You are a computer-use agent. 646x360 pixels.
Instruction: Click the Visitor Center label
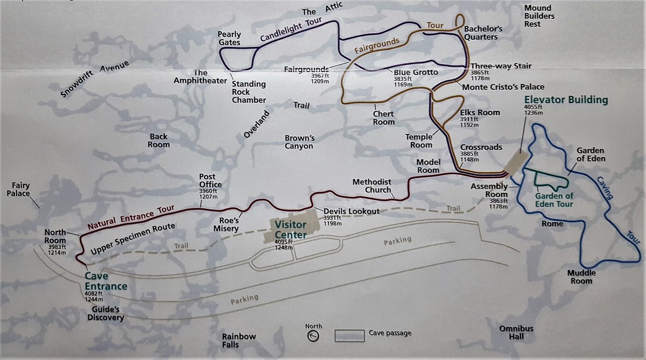(x=291, y=229)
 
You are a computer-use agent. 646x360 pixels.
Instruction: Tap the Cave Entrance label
(x=106, y=281)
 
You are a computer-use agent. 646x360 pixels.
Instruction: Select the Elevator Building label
(x=566, y=100)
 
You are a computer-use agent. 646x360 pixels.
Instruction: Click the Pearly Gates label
(x=229, y=38)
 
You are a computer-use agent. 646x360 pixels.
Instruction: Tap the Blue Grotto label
(x=416, y=72)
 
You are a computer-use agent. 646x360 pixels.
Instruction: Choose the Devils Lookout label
(x=352, y=211)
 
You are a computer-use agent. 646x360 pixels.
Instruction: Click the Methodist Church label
(x=372, y=186)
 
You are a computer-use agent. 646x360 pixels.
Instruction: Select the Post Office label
(x=207, y=180)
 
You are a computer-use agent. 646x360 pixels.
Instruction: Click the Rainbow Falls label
(x=239, y=340)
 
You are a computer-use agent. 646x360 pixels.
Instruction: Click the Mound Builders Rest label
(x=539, y=16)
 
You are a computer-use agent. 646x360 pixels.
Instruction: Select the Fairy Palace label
(x=18, y=189)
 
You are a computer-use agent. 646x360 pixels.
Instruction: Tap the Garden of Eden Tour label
(x=554, y=200)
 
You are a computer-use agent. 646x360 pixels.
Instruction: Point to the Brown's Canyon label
(x=299, y=142)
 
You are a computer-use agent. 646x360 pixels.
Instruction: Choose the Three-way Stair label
(x=501, y=66)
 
